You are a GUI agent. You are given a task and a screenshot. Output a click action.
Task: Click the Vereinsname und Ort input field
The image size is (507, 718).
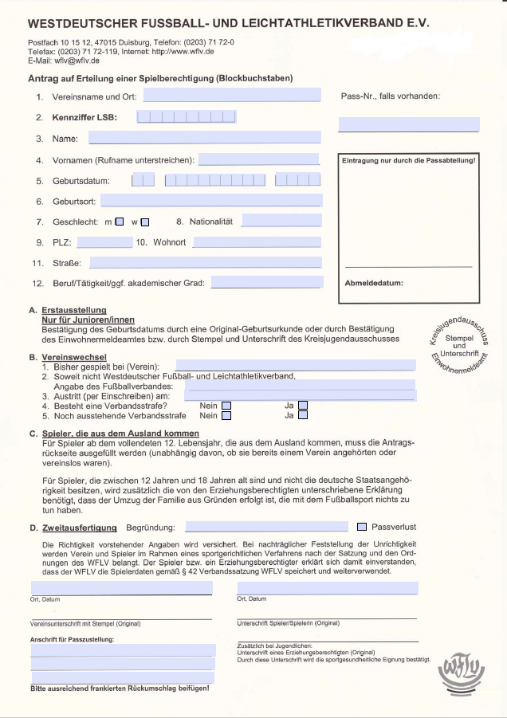pyautogui.click(x=231, y=96)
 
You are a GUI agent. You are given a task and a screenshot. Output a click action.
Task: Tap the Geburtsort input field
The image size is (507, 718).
pyautogui.click(x=211, y=201)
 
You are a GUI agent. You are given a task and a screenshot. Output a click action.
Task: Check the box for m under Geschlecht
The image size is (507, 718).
pyautogui.click(x=120, y=222)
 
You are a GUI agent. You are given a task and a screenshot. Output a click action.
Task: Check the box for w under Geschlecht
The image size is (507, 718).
pyautogui.click(x=145, y=222)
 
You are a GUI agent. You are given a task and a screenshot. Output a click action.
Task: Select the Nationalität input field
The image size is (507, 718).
pyautogui.click(x=281, y=221)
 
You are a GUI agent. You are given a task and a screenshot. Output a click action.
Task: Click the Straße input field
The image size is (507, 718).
pyautogui.click(x=206, y=262)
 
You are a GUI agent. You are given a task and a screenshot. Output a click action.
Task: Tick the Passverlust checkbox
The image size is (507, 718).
pyautogui.click(x=362, y=527)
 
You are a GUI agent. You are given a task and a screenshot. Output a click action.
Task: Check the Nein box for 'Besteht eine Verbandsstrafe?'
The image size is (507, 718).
pyautogui.click(x=227, y=405)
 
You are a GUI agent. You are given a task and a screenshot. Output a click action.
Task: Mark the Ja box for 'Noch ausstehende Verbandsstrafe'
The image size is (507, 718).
pyautogui.click(x=303, y=415)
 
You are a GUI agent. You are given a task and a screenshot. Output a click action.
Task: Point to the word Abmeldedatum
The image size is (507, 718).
pyautogui.click(x=374, y=283)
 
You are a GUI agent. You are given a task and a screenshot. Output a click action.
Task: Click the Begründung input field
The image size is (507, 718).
pyautogui.click(x=266, y=527)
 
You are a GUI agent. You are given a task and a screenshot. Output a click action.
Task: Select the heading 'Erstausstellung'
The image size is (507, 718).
pyautogui.click(x=74, y=310)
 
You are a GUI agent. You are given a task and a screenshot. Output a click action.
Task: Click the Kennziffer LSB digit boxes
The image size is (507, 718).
pyautogui.click(x=187, y=117)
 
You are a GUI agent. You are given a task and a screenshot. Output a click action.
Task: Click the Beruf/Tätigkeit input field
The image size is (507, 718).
pyautogui.click(x=267, y=282)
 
